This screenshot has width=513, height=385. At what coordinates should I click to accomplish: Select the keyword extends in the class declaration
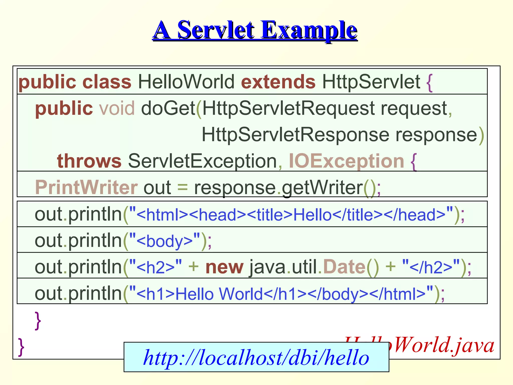[x=278, y=82]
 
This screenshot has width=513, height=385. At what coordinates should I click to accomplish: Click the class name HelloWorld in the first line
[x=186, y=82]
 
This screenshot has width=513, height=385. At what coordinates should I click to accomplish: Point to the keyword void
[x=117, y=108]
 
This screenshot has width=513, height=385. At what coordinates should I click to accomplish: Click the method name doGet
[x=168, y=108]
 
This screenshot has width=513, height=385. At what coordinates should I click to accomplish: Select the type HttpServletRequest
[x=288, y=108]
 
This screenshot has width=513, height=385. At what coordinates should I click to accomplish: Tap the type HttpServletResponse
[x=295, y=135]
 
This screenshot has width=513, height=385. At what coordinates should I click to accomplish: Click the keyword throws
[x=89, y=161]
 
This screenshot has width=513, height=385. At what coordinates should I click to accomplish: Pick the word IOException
[x=346, y=161]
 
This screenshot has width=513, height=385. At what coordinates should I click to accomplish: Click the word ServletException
[x=202, y=161]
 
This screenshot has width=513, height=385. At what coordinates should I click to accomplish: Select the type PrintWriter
[x=86, y=187]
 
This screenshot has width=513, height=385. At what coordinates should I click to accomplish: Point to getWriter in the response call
[x=322, y=187]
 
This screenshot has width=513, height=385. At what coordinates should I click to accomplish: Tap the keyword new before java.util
[x=224, y=267]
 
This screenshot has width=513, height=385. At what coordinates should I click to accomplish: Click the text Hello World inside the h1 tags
[x=219, y=294]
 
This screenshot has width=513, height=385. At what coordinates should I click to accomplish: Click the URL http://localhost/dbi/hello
[x=256, y=357]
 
